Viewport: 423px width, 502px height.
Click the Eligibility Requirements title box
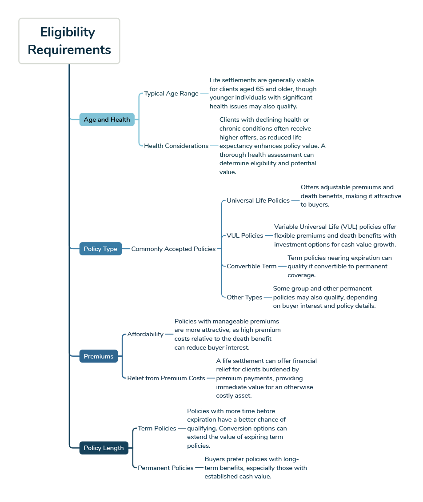[69, 41]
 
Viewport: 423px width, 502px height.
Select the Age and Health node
[107, 120]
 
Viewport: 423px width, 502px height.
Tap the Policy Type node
[100, 249]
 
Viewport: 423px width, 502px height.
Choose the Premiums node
[99, 356]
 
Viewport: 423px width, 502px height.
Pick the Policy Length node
[104, 448]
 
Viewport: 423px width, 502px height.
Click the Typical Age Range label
[172, 93]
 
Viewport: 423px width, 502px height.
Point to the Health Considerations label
[176, 146]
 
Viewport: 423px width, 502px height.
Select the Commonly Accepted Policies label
[173, 249]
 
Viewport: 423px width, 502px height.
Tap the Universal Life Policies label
[258, 200]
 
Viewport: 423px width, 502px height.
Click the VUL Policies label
[245, 235]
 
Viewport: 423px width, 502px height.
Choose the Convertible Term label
[251, 266]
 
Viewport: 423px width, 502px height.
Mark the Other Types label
[244, 297]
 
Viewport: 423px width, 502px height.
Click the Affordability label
[145, 334]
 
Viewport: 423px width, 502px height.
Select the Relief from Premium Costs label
[166, 378]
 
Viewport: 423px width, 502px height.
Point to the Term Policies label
[157, 428]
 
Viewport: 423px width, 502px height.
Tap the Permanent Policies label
[166, 468]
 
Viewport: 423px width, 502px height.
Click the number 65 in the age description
[260, 89]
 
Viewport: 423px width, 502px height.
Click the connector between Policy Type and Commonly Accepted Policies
[126, 249]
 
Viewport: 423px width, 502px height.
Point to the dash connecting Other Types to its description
[267, 297]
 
